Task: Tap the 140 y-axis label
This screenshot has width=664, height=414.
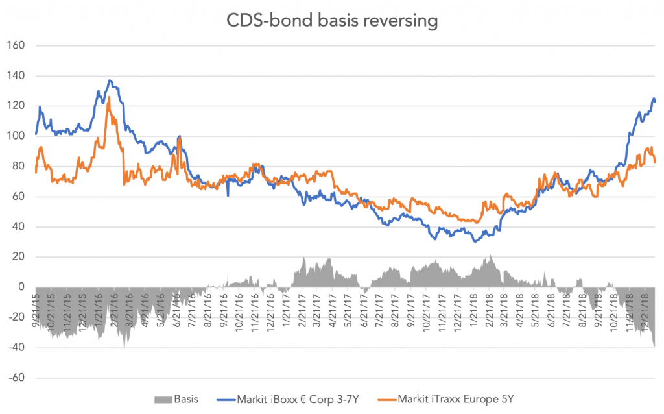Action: coord(16,76)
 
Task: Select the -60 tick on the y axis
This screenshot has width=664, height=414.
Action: coord(16,378)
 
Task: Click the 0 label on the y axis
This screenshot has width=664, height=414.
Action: coord(21,287)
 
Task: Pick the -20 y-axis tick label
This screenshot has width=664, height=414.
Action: coord(16,318)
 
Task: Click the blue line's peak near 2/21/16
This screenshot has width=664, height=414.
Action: coord(110,80)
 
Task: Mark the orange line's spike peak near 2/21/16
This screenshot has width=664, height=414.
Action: coord(108,97)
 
